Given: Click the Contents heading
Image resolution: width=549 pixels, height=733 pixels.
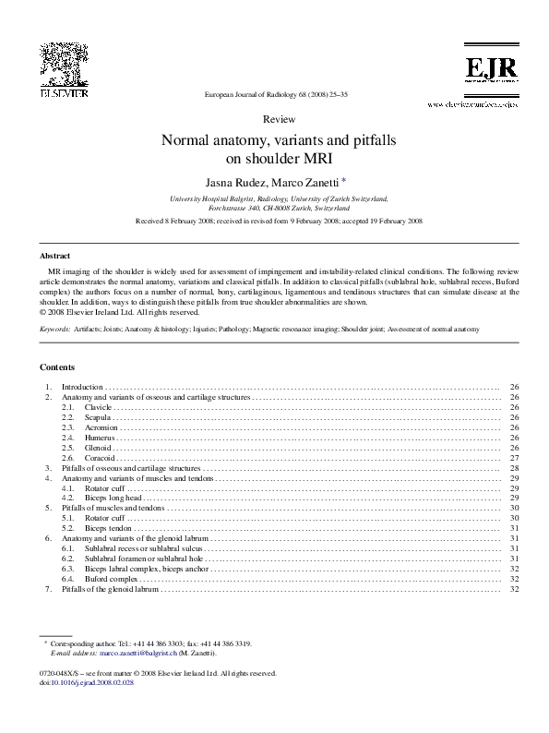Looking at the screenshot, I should click(59, 366).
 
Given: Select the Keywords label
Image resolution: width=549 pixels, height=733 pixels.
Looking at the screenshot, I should click(54, 328).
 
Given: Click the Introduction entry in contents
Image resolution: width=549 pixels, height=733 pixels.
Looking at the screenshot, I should click(83, 386).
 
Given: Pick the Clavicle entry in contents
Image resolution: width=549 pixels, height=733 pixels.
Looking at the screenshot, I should click(98, 406).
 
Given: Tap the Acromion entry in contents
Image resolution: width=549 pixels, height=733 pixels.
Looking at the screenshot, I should click(101, 427).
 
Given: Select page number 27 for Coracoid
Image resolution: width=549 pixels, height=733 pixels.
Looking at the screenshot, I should click(514, 458).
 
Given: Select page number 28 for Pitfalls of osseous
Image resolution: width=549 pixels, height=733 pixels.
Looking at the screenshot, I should click(514, 469).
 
